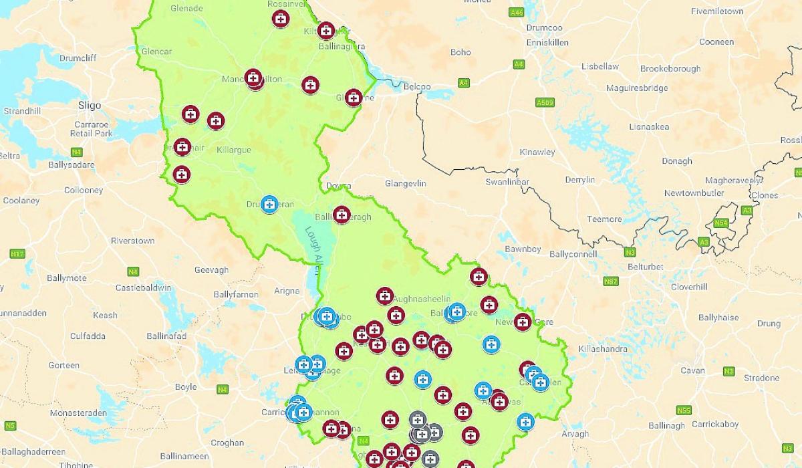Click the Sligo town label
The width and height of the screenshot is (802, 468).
click(89, 105)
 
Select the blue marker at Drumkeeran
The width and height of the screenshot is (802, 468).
click(269, 205)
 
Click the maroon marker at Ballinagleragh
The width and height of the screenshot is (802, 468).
click(342, 215)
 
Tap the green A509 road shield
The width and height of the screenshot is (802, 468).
click(545, 102)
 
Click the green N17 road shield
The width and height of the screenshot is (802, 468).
click(17, 254)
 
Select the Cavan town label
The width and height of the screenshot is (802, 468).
click(692, 370)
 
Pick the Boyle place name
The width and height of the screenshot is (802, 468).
click(185, 386)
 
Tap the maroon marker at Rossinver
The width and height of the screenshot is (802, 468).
click(281, 18)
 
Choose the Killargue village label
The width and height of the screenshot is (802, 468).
click(234, 150)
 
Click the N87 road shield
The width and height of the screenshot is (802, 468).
click(610, 281)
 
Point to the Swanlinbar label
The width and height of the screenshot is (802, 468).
click(507, 182)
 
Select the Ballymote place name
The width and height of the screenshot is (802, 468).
click(66, 278)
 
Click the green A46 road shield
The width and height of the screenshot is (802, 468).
click(516, 12)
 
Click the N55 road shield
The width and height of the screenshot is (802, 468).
click(683, 410)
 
